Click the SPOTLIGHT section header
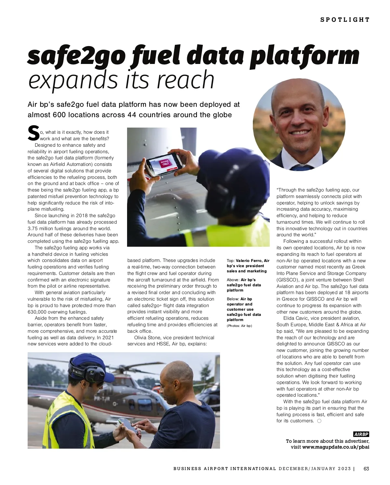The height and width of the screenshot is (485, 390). point(345,20)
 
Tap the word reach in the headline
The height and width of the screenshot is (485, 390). point(186,80)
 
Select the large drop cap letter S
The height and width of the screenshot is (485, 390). point(33,134)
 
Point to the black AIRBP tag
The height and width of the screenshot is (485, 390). point(361,434)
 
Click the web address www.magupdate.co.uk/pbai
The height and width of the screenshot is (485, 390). point(336,447)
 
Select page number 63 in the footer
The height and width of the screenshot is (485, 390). point(366,469)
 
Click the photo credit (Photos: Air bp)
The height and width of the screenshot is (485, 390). point(239,326)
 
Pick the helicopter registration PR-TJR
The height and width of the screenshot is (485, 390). point(102,399)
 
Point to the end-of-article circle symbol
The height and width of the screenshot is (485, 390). point(319,421)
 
